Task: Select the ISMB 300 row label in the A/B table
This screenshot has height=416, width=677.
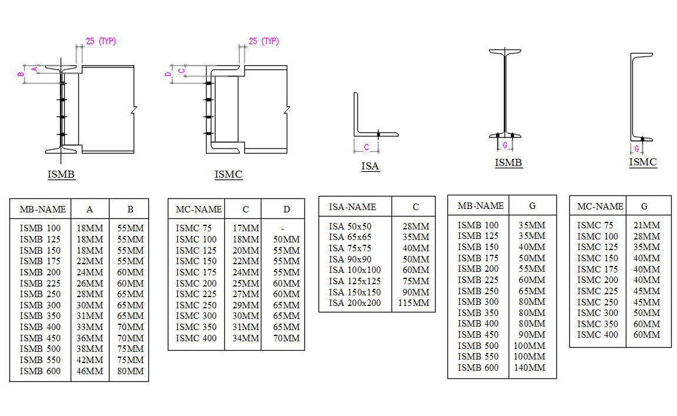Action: click(40, 305)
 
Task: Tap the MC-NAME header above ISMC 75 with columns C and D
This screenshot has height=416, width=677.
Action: click(198, 209)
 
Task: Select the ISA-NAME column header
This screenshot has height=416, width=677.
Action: click(352, 207)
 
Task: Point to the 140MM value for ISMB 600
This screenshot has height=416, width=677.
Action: click(529, 368)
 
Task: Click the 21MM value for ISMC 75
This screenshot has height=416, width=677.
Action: click(647, 225)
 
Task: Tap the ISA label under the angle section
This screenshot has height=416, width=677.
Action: click(370, 167)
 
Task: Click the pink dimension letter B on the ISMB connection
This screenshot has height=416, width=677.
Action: click(20, 74)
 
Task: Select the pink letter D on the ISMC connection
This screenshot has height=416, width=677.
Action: click(167, 74)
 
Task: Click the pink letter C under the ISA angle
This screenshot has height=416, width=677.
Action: click(366, 147)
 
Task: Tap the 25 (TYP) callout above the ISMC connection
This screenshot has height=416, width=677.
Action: click(263, 41)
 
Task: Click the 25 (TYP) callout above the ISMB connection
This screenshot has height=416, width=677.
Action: click(101, 41)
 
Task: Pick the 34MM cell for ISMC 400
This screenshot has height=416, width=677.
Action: click(245, 338)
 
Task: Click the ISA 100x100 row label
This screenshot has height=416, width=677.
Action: click(354, 270)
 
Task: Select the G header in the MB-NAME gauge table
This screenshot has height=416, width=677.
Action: click(532, 206)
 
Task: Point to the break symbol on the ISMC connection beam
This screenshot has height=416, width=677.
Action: click(287, 110)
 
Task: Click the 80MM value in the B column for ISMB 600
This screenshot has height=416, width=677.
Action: click(130, 371)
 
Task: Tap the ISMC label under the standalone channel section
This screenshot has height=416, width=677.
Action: click(643, 162)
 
